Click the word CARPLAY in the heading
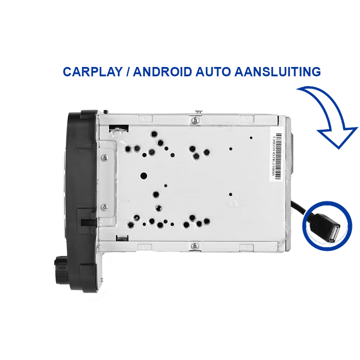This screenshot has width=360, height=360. [93, 72]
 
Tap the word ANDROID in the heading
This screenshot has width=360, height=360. [163, 72]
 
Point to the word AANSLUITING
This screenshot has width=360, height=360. [278, 72]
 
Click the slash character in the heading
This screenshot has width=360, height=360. [128, 72]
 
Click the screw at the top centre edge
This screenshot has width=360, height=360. [195, 120]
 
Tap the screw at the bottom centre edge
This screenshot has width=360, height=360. [195, 246]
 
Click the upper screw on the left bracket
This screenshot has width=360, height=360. [105, 158]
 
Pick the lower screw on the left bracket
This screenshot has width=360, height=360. [104, 207]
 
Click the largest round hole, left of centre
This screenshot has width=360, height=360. [144, 176]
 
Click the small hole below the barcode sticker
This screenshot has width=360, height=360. [230, 194]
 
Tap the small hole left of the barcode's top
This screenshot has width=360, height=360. [251, 138]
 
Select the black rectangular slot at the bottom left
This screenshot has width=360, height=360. [122, 238]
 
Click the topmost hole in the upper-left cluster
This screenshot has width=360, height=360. [154, 134]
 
